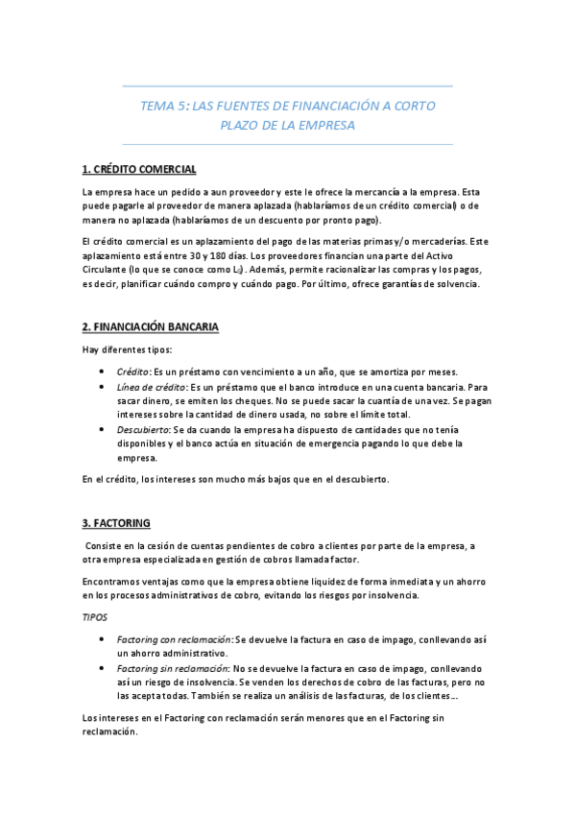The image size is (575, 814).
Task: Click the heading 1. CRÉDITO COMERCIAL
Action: [139, 170]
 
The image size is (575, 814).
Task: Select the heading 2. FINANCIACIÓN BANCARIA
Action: [151, 327]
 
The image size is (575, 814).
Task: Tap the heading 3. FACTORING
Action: [116, 523]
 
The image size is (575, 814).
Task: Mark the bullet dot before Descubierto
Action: [103, 430]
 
